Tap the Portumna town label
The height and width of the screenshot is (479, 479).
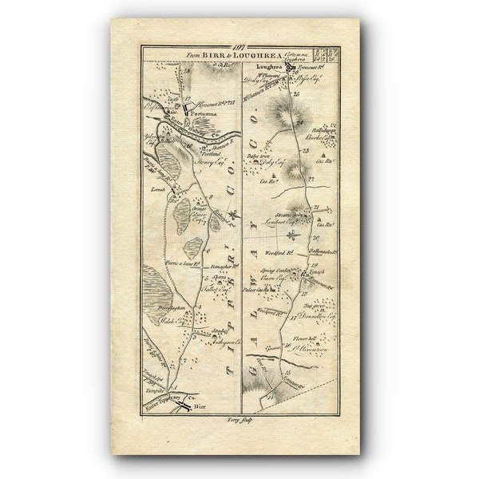198,113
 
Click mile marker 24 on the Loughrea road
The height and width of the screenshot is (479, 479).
299,124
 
